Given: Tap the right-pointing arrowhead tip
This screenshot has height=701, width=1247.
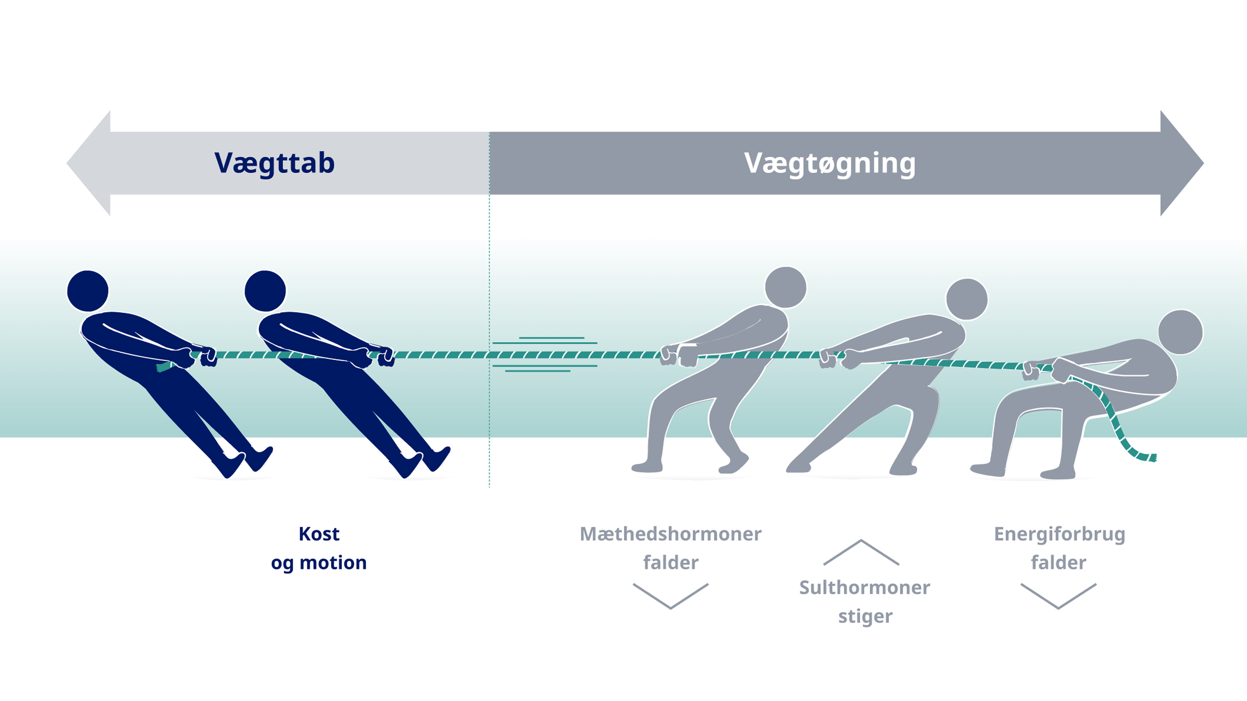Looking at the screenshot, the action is click(1203, 163).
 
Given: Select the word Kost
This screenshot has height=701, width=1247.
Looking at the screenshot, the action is click(319, 534).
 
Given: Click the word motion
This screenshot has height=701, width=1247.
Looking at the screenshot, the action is click(333, 563).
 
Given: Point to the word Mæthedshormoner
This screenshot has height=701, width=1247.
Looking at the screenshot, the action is click(671, 534).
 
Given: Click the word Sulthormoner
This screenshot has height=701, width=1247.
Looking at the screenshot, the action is click(865, 588).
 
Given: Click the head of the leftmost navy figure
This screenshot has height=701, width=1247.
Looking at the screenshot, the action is click(87, 291).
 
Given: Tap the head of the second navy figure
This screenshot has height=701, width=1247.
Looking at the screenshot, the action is click(265, 291).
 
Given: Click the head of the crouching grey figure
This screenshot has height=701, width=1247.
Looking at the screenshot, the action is click(1181, 332).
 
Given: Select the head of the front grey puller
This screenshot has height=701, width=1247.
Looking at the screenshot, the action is click(786, 287).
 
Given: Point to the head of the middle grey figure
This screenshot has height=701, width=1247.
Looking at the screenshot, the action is click(967, 299).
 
